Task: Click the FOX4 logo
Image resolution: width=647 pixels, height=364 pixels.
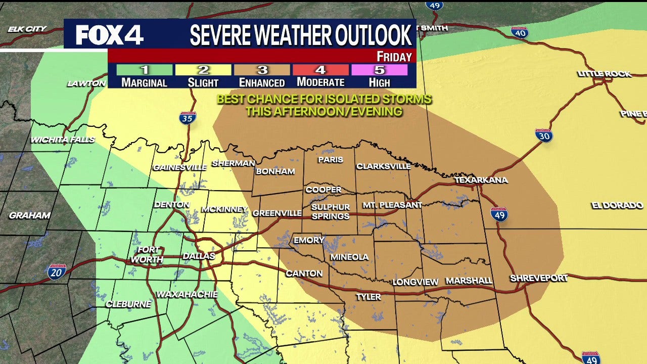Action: [x=110, y=34]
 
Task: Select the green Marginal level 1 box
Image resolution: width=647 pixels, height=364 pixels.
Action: [x=145, y=70]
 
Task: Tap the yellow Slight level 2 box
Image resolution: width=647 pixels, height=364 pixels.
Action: [x=203, y=70]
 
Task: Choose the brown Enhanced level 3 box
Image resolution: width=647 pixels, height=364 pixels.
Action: [x=261, y=70]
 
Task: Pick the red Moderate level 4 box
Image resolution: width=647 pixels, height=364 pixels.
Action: [x=320, y=70]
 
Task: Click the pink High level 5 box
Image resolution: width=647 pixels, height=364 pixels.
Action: [x=379, y=70]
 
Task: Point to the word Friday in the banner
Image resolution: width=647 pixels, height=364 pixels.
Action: [x=394, y=57]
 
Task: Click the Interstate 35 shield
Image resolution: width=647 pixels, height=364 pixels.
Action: [x=188, y=118]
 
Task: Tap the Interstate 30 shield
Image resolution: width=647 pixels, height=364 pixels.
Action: [x=544, y=135]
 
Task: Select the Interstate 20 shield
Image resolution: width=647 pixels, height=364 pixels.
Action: [x=57, y=272]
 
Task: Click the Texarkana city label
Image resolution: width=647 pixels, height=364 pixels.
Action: [x=481, y=180]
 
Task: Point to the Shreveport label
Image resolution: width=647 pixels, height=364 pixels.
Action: [x=539, y=278]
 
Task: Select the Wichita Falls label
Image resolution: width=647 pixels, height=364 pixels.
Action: [x=63, y=140]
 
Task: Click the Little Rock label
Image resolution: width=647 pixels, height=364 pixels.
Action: [x=605, y=74]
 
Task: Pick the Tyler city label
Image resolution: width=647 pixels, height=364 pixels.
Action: [x=368, y=297]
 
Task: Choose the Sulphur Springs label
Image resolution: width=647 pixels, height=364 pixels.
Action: [x=330, y=211]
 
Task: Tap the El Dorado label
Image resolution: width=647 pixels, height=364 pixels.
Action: [x=617, y=205]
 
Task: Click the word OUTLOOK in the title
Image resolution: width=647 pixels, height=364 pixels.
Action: [x=373, y=35]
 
